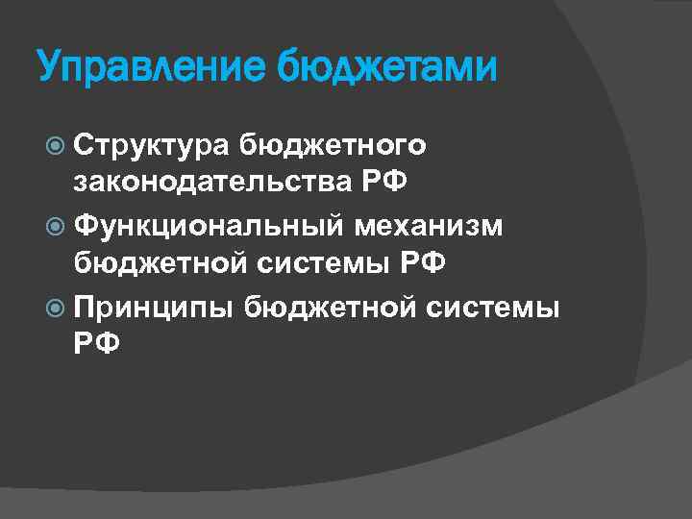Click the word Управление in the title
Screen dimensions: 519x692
click(151, 68)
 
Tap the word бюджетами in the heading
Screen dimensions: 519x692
click(387, 68)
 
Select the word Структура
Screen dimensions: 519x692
click(152, 145)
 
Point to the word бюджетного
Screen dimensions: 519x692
click(334, 144)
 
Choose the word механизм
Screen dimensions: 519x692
click(441, 223)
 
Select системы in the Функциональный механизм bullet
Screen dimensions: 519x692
click(326, 261)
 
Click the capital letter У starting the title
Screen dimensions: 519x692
click(49, 68)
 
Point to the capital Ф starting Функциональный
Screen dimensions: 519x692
click(87, 223)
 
